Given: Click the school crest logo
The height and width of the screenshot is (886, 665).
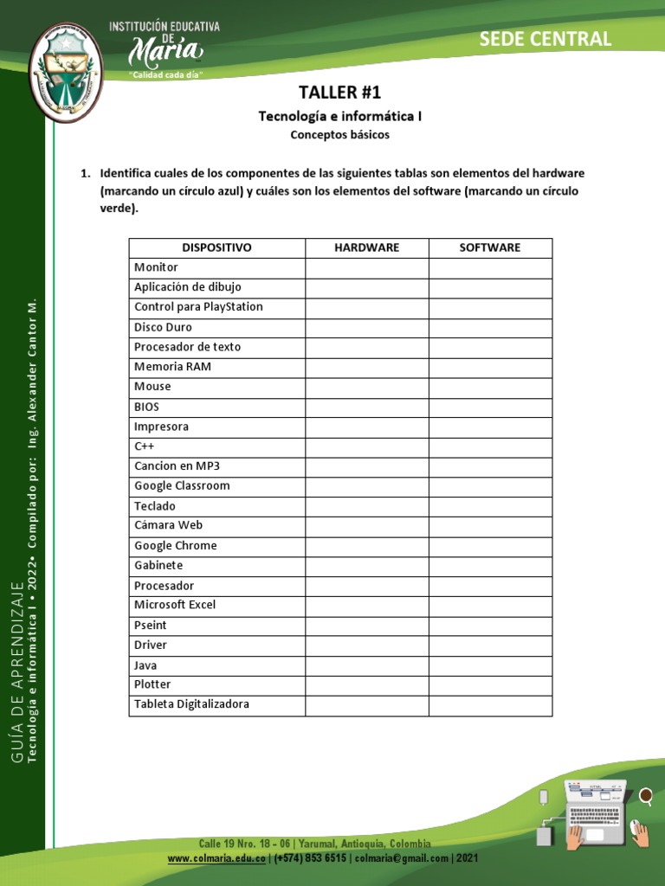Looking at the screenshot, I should (66, 73).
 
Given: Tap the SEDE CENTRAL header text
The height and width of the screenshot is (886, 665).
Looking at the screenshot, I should (545, 38).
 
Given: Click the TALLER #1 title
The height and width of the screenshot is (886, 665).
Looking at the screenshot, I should (339, 93).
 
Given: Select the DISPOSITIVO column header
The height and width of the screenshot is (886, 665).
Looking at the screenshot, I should (216, 247).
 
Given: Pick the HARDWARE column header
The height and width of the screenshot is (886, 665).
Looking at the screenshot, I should (366, 247).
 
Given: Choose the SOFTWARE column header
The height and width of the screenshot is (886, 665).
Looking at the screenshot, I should (490, 247).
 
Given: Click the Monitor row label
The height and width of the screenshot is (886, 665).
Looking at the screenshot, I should (156, 268).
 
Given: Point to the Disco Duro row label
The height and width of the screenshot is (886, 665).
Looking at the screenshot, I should (163, 328).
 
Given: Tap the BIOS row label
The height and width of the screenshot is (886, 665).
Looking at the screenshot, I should (146, 407).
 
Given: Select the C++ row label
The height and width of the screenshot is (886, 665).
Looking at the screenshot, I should (144, 446).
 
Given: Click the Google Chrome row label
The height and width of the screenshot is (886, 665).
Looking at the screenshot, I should (176, 546).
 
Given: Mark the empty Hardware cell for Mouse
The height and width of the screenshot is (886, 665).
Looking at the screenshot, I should (366, 387).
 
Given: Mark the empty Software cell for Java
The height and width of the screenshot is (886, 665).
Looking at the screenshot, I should (490, 665).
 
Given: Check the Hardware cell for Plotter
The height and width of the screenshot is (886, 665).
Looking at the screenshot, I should (366, 685).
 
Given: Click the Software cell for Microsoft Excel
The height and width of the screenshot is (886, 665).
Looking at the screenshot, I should (490, 606).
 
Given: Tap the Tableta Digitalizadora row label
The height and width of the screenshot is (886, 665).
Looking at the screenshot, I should (191, 705).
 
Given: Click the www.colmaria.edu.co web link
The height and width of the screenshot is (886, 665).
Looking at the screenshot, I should (216, 858).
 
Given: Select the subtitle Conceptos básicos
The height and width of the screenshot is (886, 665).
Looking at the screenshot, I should (339, 135).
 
